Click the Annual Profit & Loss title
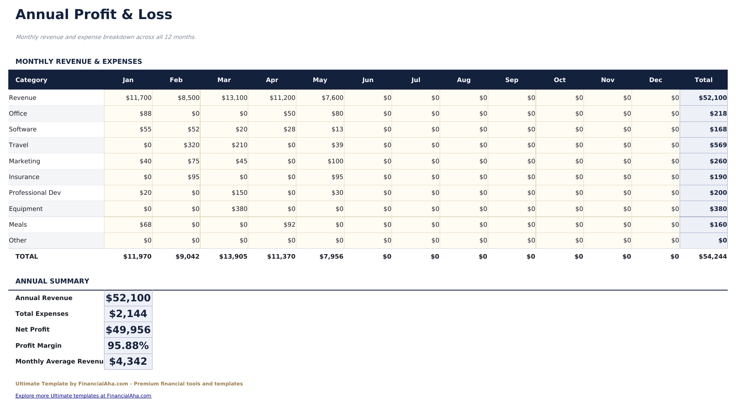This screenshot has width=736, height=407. tap(94, 15)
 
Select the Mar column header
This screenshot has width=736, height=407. tap(224, 80)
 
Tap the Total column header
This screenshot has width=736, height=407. tap(703, 80)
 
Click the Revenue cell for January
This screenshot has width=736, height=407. tap(138, 98)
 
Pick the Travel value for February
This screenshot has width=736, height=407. tap(191, 145)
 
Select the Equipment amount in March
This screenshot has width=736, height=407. tap(240, 209)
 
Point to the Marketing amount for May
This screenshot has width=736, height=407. tap(335, 161)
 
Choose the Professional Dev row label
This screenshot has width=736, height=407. tap(35, 193)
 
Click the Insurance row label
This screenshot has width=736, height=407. tap(24, 177)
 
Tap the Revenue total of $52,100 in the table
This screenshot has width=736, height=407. tap(712, 98)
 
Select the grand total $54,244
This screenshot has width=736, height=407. tap(712, 257)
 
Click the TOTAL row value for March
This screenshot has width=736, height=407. tap(233, 257)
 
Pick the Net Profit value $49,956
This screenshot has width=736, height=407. tap(128, 330)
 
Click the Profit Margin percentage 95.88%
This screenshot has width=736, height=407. tap(128, 346)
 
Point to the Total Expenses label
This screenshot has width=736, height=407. tap(42, 314)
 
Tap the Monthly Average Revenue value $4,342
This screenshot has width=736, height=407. tap(128, 361)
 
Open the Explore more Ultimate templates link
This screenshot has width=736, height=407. tap(83, 396)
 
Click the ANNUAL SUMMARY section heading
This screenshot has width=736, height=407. tap(52, 281)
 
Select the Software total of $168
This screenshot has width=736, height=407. tap(718, 129)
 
